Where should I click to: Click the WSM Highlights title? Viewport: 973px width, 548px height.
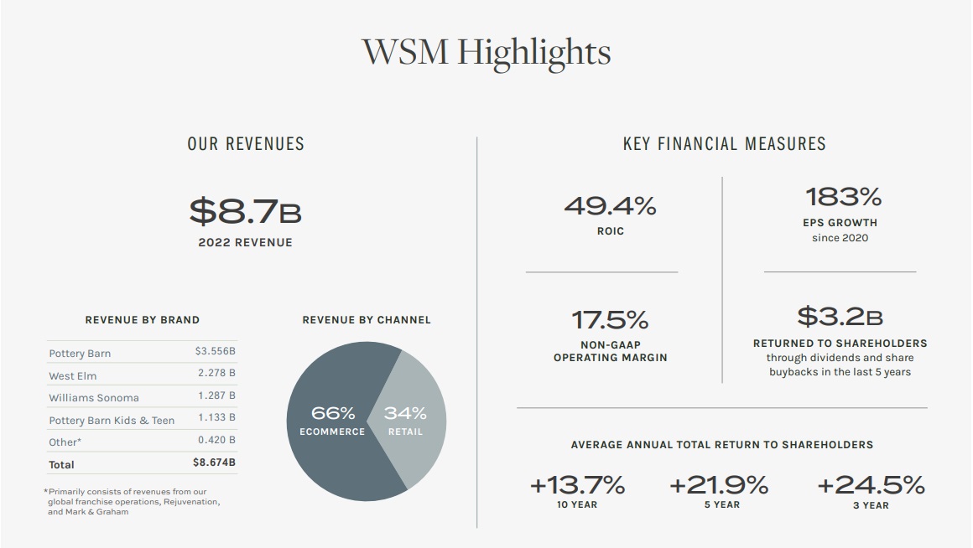(x=486, y=52)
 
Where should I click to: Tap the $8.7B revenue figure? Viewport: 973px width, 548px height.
(x=245, y=211)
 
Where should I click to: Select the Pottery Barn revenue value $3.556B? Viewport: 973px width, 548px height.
(x=215, y=352)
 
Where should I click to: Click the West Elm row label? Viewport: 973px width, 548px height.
(x=73, y=375)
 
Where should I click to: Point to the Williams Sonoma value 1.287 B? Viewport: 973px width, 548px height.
(x=216, y=395)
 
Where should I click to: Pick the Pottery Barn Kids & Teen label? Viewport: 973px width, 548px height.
(x=112, y=420)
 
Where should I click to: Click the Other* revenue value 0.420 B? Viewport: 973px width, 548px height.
(x=216, y=440)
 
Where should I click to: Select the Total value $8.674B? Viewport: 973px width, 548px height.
(x=214, y=462)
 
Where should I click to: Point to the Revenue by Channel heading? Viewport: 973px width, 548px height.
(x=366, y=320)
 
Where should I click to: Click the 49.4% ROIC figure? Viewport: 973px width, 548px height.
(x=610, y=205)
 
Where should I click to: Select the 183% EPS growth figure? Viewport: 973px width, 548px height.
(x=843, y=198)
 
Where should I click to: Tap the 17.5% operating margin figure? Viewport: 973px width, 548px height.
(x=610, y=320)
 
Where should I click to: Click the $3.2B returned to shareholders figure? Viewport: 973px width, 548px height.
(x=840, y=317)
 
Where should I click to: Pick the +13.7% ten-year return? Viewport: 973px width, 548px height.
(x=577, y=484)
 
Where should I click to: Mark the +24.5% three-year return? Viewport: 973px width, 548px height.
(x=871, y=484)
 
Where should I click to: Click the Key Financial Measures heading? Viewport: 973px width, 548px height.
(x=724, y=144)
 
